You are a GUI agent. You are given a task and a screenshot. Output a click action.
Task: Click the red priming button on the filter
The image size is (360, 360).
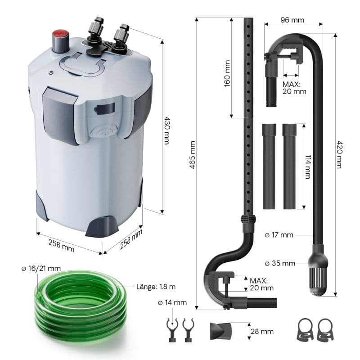60,35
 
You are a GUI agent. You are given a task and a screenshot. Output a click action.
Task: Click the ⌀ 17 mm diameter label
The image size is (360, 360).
279,235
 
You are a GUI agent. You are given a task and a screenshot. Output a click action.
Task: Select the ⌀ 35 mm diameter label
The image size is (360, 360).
279,263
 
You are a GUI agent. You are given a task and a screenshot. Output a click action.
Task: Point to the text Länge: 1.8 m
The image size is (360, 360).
157,286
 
